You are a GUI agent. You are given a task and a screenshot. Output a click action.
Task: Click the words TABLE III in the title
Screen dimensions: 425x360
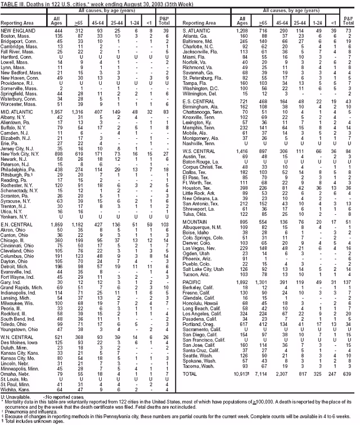click(x=11, y=3)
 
